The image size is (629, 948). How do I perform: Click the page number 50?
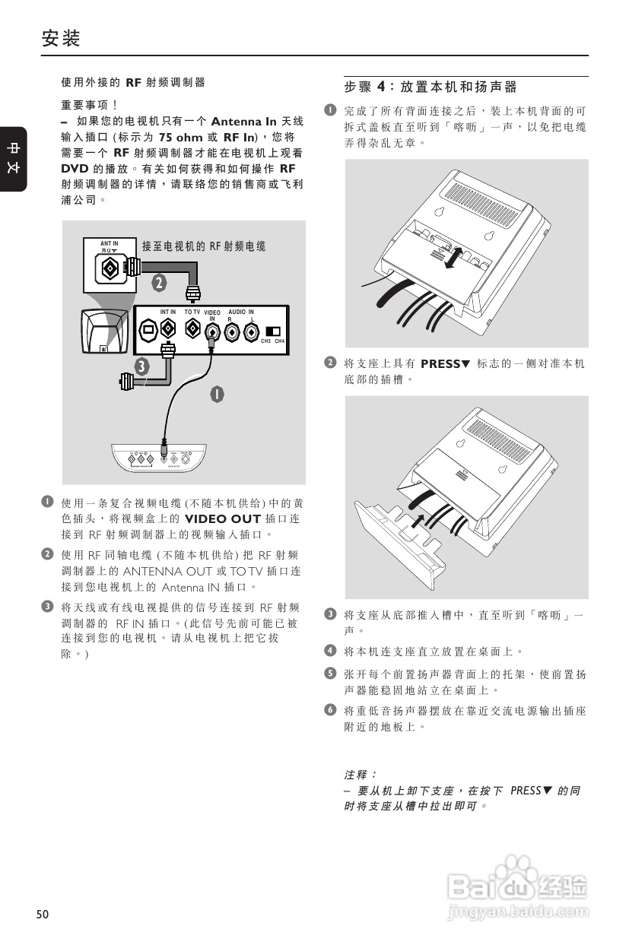42,915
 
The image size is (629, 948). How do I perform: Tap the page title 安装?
61,38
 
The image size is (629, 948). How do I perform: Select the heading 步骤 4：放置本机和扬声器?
430,87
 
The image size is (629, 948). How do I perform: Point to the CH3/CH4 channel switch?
272,331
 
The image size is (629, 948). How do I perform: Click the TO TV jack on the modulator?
192,330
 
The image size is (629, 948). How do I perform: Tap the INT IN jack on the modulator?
168,330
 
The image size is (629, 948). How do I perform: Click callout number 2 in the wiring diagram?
158,284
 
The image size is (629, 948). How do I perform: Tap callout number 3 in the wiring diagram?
141,366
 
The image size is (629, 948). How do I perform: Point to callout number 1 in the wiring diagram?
217,395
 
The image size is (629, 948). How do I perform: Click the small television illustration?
102,332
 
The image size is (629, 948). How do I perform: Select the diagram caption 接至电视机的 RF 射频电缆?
203,246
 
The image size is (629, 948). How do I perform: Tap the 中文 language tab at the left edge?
14,158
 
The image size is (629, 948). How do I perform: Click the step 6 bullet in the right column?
330,710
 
